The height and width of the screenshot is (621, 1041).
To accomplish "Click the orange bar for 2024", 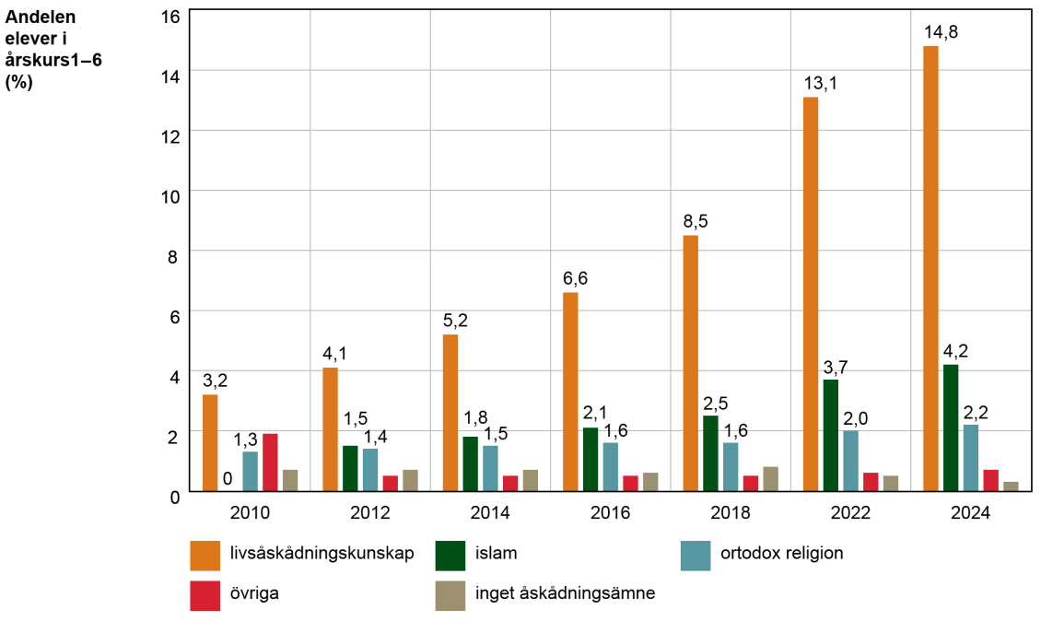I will (930, 268).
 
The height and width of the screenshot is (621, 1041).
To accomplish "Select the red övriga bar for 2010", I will (270, 463).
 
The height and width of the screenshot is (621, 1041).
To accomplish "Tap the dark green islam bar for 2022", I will (831, 435).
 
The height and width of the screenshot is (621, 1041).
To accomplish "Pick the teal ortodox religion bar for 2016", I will (611, 467).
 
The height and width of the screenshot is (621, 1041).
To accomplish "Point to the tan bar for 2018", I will (771, 479).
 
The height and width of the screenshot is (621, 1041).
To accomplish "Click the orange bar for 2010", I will (210, 443).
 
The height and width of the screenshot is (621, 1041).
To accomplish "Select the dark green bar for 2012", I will (350, 469).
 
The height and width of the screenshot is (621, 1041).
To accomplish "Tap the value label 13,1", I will (821, 84).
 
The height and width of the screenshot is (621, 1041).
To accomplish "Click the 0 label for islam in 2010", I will (228, 479).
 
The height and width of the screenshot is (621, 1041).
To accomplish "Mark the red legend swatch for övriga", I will (205, 595).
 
